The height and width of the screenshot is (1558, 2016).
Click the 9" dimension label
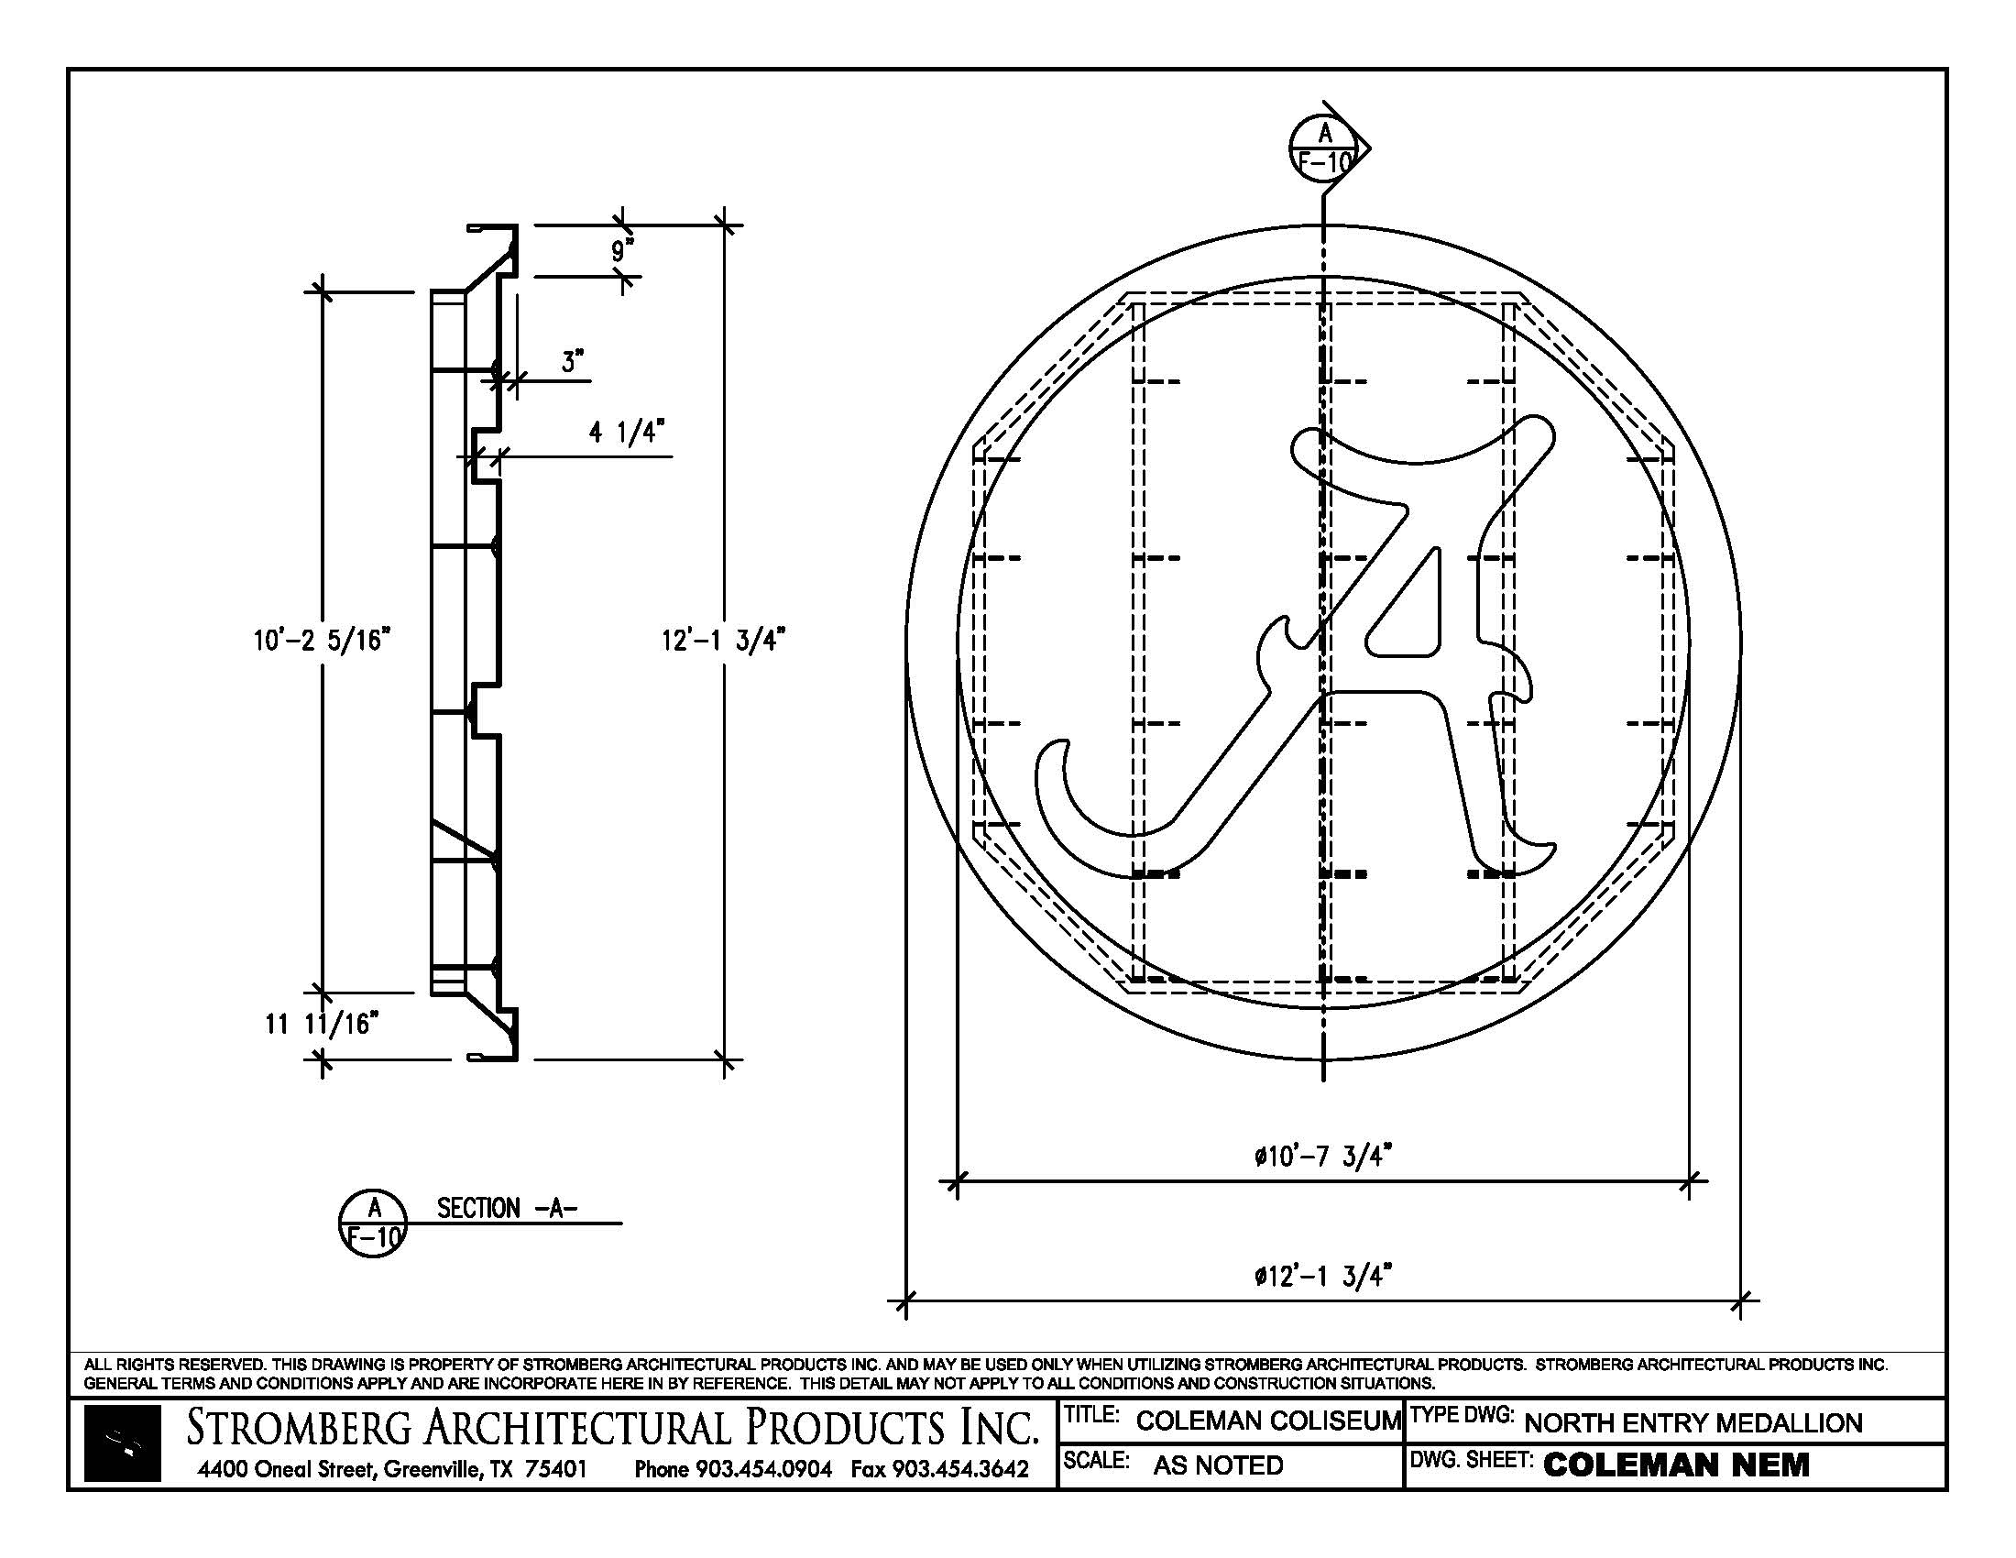623,249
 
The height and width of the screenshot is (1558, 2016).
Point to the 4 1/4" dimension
627,432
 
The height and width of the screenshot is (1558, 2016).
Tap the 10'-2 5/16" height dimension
323,640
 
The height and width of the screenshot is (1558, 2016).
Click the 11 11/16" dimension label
323,1024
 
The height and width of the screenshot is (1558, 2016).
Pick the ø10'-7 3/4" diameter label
1322,1156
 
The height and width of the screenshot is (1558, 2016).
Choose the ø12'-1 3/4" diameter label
1322,1277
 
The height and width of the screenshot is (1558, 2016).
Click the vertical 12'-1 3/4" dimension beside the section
723,640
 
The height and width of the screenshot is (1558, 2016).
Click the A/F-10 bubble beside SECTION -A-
373,1223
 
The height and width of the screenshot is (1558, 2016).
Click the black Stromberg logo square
123,1443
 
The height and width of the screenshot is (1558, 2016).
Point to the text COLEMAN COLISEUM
1268,1421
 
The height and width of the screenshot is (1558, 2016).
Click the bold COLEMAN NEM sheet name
1676,1465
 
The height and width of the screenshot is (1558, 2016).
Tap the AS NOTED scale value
1218,1465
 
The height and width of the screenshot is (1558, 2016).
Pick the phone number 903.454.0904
763,1468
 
